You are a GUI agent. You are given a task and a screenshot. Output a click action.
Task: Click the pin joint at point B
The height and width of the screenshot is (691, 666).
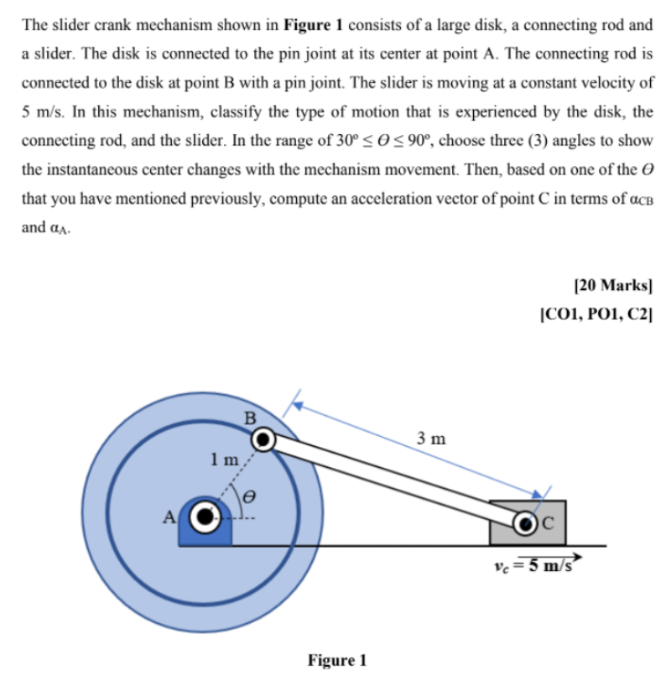coord(263,439)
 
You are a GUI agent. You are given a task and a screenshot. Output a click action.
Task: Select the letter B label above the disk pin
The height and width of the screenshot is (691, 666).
coord(248,416)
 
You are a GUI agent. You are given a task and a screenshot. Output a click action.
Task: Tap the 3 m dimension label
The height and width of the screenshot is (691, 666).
coord(431,438)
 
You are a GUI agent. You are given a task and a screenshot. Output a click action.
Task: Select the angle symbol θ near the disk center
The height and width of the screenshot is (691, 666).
coord(248,496)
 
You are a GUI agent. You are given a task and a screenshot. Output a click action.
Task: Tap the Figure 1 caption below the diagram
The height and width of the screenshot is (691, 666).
coord(336,660)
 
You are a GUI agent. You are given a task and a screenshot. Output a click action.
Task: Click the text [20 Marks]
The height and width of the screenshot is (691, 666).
coord(614,284)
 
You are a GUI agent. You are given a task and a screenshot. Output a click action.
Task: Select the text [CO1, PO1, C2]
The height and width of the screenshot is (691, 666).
coord(596,315)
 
